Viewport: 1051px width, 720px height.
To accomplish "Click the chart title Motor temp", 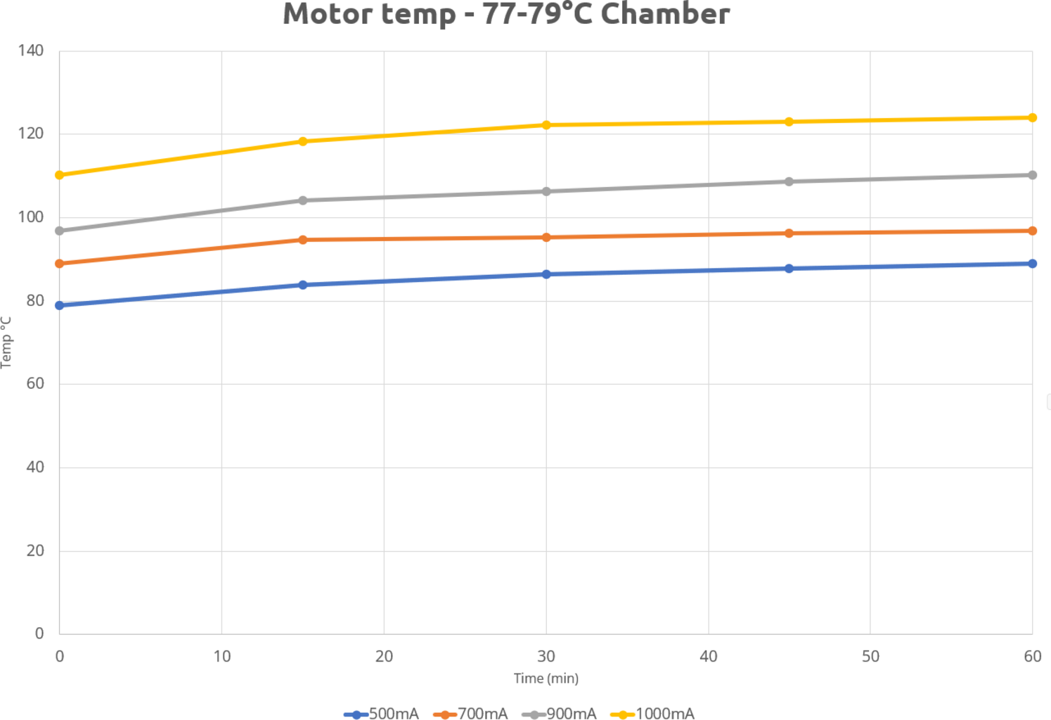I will (506, 14).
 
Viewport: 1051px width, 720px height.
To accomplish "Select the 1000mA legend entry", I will (653, 714).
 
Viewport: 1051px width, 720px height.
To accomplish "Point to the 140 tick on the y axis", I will (31, 51).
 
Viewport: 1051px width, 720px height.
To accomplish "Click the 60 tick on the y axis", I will (35, 384).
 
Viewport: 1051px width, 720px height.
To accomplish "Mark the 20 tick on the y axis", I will (35, 551).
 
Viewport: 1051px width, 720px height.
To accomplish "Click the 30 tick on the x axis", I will (546, 657).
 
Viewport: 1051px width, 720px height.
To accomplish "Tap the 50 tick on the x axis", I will (870, 657).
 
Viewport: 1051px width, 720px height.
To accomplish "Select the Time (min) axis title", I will (546, 679).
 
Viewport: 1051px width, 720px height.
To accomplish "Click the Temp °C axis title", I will (6, 342).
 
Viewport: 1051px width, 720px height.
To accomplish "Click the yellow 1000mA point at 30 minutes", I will (546, 125).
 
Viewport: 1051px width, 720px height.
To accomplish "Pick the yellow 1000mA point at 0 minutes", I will (60, 175).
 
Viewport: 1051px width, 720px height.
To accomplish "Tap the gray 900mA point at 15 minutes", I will (303, 200).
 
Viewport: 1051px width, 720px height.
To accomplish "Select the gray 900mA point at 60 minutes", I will (1032, 175).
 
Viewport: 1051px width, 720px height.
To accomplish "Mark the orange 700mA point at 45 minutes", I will (789, 233).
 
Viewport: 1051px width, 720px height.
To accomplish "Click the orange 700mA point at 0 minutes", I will (60, 264).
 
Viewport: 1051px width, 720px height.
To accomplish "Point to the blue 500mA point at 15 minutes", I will (303, 285).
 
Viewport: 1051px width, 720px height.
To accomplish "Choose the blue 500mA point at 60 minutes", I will (1032, 264).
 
